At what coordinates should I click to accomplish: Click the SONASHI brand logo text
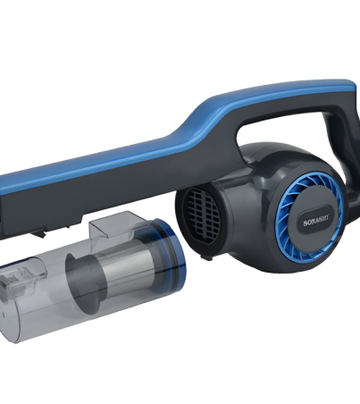(315, 223)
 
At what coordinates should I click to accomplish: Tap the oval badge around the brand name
(314, 223)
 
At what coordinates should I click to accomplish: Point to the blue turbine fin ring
(310, 220)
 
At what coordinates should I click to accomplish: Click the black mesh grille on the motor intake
(202, 216)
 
